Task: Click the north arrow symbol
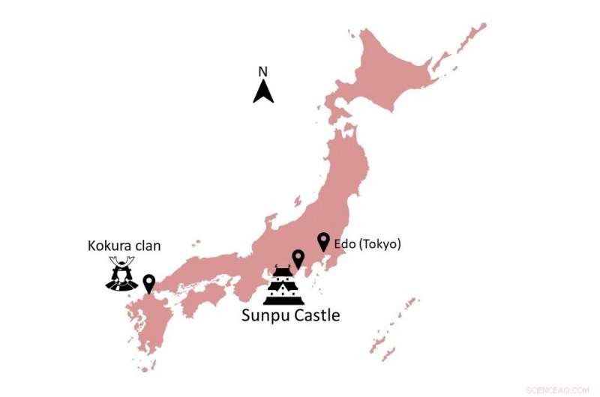(x=263, y=92)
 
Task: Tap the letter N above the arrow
(x=263, y=72)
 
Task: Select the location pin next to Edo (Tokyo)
(x=323, y=241)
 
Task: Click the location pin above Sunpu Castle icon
(x=298, y=258)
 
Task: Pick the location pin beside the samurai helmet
(x=148, y=283)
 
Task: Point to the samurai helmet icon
(x=121, y=274)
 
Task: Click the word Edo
(x=344, y=244)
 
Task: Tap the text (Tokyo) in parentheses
(x=379, y=244)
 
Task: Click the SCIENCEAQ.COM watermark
(x=559, y=390)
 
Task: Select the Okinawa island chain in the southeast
(x=390, y=330)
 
